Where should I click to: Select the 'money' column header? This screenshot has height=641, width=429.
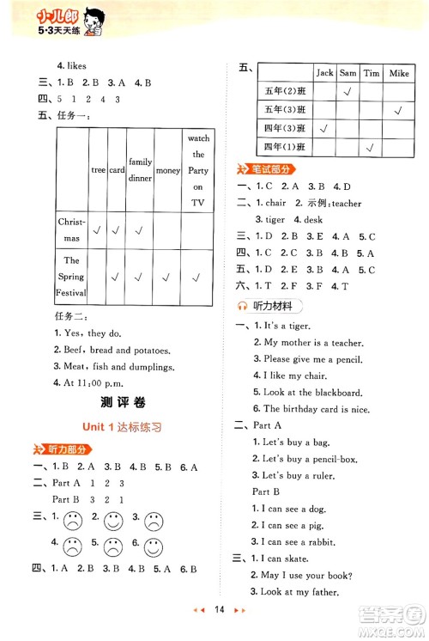click(168, 170)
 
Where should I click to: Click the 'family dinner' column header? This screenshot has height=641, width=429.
click(140, 170)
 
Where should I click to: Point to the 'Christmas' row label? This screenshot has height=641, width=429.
click(71, 229)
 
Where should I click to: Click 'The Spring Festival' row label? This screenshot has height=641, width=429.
click(71, 276)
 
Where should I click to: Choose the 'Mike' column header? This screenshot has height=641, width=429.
click(399, 74)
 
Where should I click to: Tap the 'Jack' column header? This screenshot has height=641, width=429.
click(324, 74)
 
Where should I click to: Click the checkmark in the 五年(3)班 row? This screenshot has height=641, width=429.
click(398, 110)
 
